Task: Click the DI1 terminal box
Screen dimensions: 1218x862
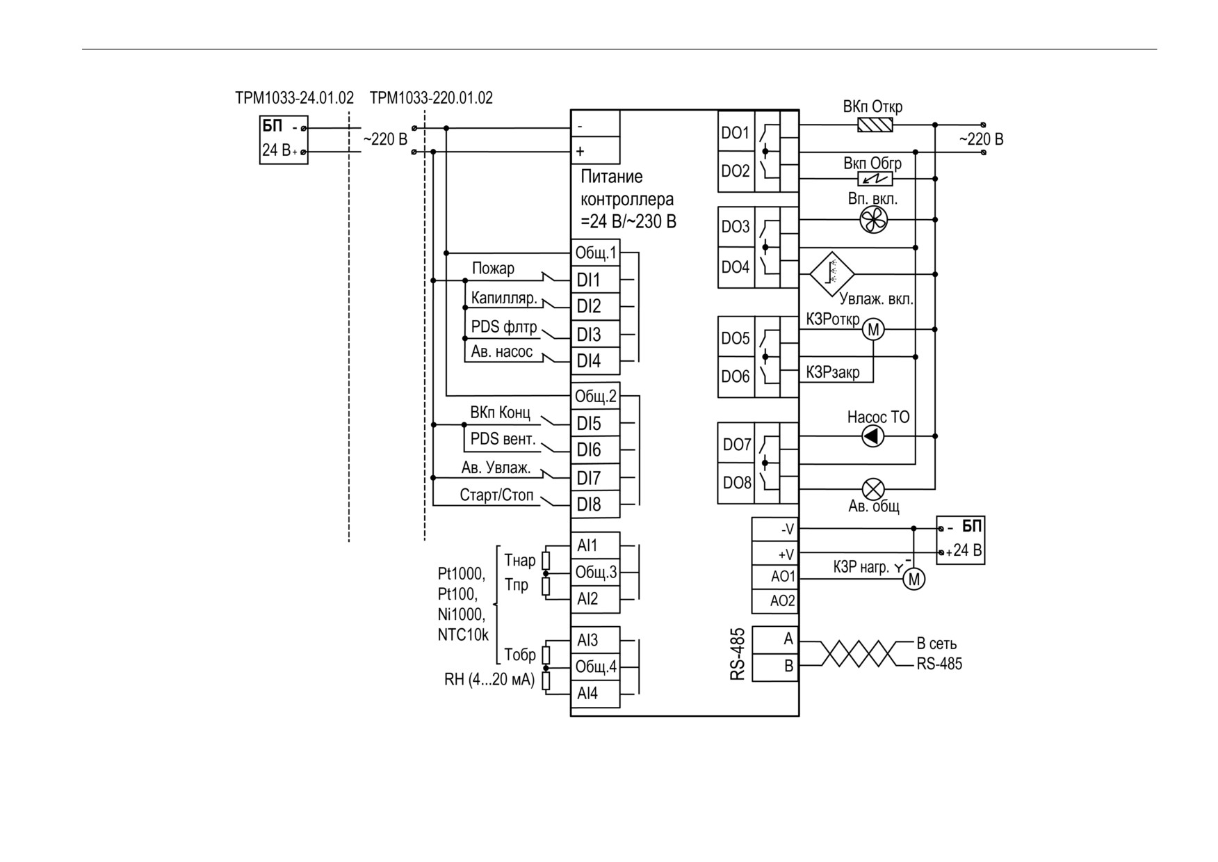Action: [595, 280]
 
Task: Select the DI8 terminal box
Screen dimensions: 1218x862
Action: [595, 504]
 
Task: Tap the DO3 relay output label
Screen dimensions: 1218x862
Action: [736, 227]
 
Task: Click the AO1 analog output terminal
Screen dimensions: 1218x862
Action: [775, 577]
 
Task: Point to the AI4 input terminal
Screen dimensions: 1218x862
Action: [595, 694]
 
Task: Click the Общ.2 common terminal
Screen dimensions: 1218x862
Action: [595, 397]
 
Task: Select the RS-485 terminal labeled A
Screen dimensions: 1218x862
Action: [775, 639]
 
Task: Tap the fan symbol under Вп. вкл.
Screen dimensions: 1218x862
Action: [873, 221]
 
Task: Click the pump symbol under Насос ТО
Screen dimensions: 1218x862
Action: [873, 436]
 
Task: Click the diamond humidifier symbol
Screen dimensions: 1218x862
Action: [832, 273]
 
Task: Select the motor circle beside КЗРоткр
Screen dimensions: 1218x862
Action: [873, 329]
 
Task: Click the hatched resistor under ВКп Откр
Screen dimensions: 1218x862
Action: [875, 125]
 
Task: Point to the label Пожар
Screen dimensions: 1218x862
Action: [493, 269]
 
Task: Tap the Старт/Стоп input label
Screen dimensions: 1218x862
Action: [496, 495]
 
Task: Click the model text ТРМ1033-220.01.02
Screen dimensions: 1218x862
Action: [431, 98]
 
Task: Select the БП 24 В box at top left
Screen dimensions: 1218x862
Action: [284, 140]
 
